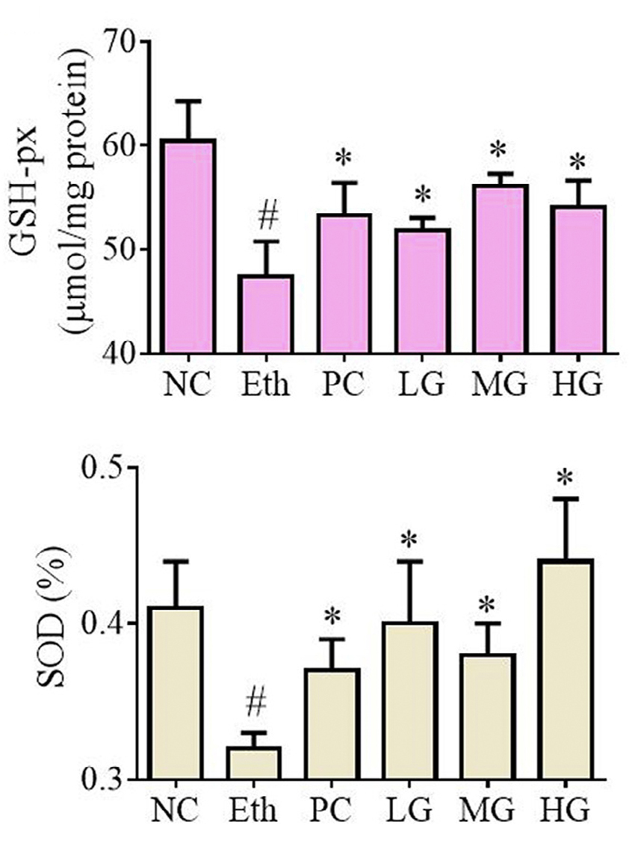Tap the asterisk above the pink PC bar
(343, 159)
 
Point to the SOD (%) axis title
(44, 624)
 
